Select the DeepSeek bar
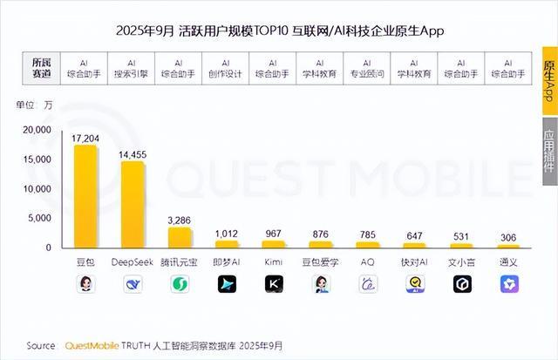pos(133,204)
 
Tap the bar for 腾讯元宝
pos(180,237)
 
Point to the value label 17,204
pos(85,138)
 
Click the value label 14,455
pos(133,154)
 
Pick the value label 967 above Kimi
pos(274,233)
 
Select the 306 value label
pos(508,237)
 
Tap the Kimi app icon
pos(274,283)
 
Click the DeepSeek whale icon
pos(133,283)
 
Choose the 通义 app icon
pos(508,283)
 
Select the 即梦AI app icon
pos(227,283)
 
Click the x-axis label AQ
pos(368,262)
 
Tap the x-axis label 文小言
pos(461,262)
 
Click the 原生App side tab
pos(549,82)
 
